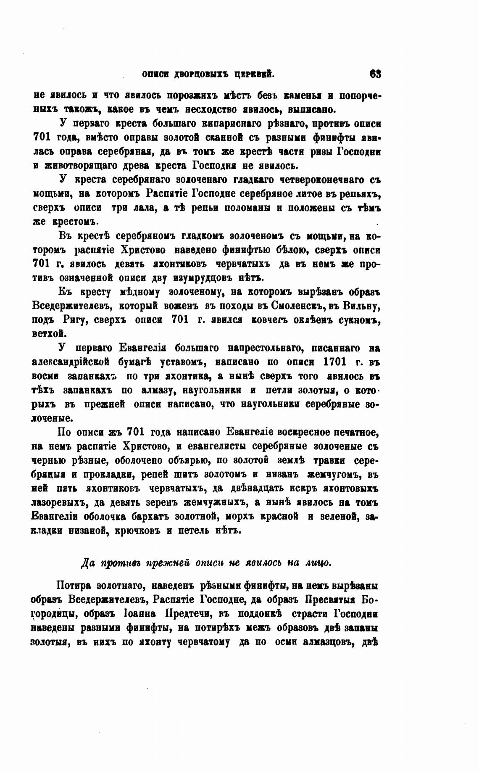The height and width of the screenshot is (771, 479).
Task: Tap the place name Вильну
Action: coord(363,306)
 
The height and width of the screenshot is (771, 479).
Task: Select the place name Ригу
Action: coord(74,320)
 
